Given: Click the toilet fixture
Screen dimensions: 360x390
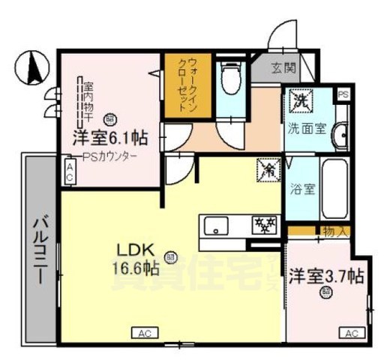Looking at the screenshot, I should click(229, 78).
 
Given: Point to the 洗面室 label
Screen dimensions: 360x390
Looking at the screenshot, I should click(307, 128).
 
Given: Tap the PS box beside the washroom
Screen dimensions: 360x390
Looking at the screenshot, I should click(343, 94).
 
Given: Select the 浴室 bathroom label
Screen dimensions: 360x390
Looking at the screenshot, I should click(303, 188).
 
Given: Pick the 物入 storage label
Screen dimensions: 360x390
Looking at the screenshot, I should click(334, 231).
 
